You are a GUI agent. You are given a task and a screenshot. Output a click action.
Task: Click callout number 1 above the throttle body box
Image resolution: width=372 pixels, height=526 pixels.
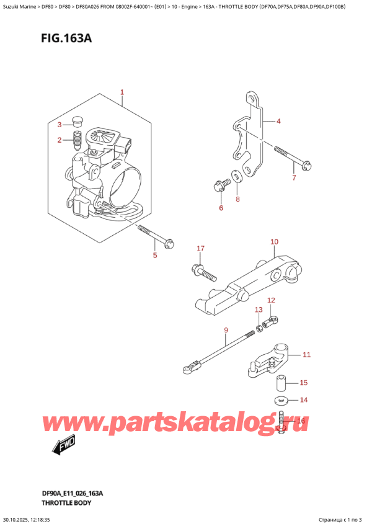coord(122,92)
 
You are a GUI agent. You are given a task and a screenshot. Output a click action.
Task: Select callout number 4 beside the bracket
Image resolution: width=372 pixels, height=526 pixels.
coord(278,121)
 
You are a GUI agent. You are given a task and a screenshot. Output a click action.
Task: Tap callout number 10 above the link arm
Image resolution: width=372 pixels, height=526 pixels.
coord(274,241)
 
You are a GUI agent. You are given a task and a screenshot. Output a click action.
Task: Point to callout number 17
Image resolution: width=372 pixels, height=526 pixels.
coord(200,249)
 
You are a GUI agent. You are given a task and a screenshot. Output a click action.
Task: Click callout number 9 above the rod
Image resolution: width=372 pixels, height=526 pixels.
coord(226,329)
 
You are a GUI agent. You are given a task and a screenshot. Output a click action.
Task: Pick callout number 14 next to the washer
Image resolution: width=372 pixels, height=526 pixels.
coord(303,400)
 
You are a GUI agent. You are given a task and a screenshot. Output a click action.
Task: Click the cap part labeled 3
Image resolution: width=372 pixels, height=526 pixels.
coord(77,121)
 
